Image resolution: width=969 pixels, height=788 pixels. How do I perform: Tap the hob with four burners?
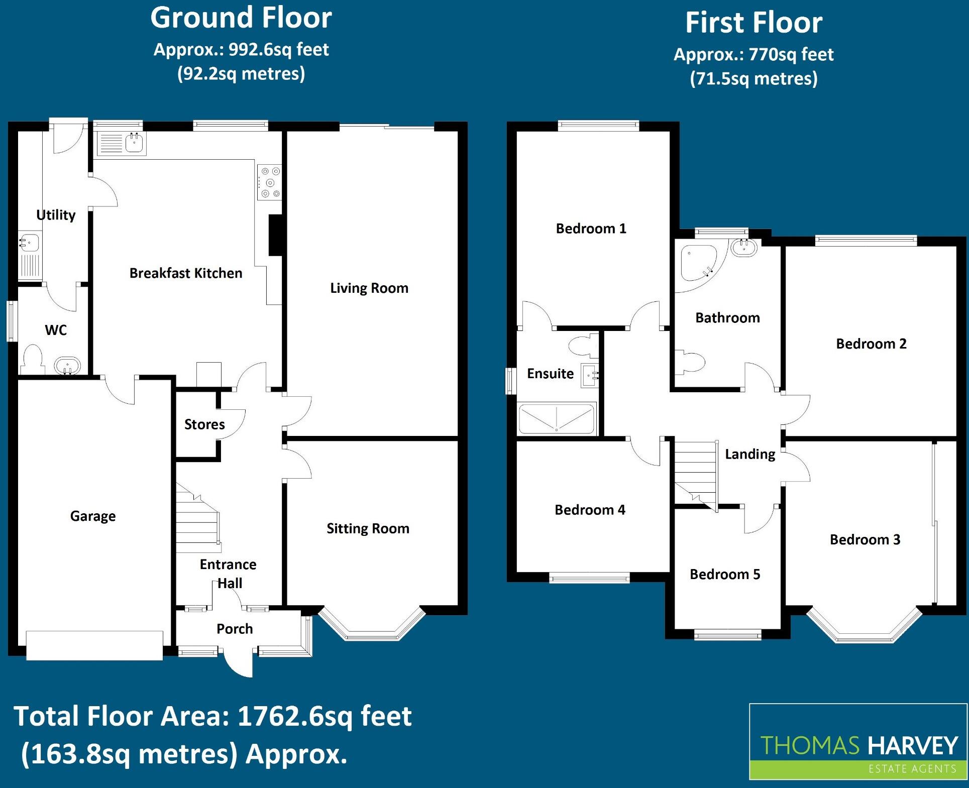(270, 182)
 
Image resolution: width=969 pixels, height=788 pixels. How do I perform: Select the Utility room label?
(56, 215)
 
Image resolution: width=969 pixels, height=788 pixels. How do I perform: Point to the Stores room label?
(204, 424)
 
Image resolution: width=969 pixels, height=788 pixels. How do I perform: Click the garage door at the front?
(94, 645)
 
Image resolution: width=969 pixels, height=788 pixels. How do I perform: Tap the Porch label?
(235, 629)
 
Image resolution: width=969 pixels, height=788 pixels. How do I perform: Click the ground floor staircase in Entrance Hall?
(197, 520)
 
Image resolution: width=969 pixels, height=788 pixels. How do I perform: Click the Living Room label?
(369, 288)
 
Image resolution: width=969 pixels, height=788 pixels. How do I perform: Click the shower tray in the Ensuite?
(557, 418)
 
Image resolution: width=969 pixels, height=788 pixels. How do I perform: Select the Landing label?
(750, 455)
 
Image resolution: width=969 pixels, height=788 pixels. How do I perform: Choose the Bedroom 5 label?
(725, 574)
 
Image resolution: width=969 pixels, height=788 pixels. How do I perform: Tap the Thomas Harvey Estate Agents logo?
(858, 741)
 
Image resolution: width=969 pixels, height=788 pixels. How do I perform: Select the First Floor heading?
(753, 23)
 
